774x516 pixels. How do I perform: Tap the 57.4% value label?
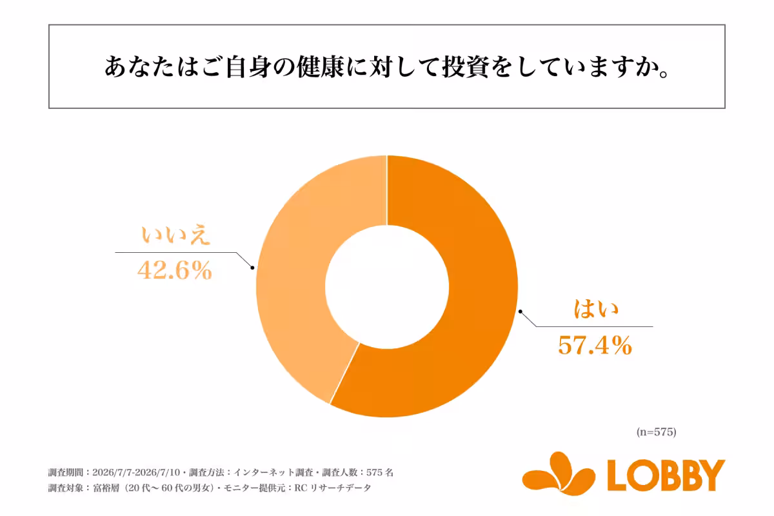coord(595,345)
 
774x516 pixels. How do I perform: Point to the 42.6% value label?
coord(175,270)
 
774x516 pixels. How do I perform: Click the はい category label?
coord(596,308)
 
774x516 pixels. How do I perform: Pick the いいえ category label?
coord(175,235)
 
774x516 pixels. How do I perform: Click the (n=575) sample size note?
coord(656,432)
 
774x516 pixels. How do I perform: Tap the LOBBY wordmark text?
coord(666,475)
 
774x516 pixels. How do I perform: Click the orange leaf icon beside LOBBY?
coord(559,473)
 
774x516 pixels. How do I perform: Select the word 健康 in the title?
coord(321,66)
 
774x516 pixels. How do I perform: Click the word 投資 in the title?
coord(466,66)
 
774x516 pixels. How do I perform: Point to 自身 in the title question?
coord(248,66)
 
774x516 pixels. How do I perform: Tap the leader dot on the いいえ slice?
coord(253,268)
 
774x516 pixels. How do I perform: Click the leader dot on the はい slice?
coord(521,312)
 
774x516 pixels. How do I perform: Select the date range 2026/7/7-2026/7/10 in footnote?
coord(136,472)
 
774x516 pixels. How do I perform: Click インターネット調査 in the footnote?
coord(273,472)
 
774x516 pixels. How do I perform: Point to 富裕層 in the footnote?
coord(106,488)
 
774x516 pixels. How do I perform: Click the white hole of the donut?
coord(387,287)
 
